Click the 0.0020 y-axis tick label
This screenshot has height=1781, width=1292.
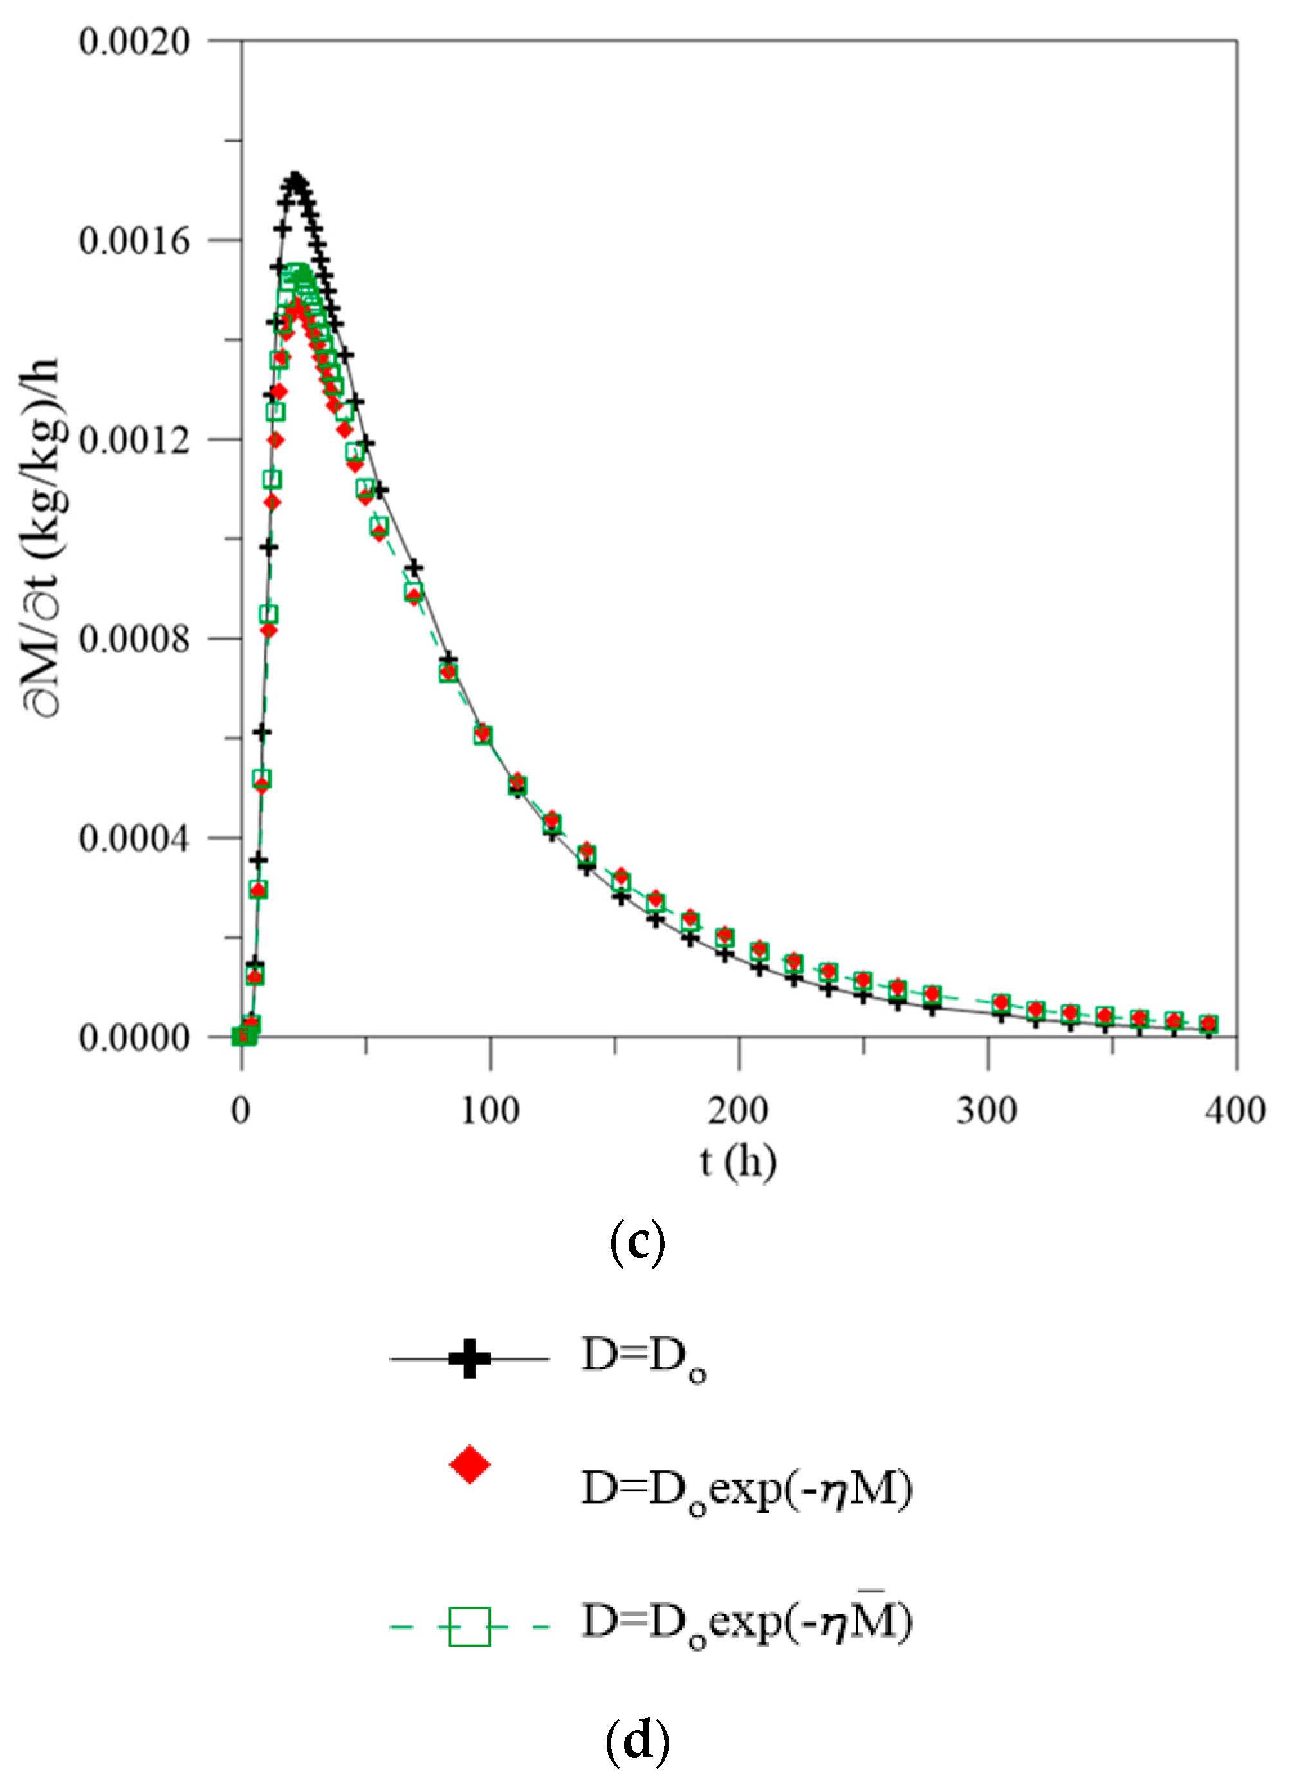pyautogui.click(x=134, y=41)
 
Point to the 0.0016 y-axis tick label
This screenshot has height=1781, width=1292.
pyautogui.click(x=134, y=240)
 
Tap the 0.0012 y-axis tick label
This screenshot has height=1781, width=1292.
pyautogui.click(x=134, y=439)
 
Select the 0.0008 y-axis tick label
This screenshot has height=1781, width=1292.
pyautogui.click(x=134, y=639)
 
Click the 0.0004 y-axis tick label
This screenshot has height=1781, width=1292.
pyautogui.click(x=134, y=838)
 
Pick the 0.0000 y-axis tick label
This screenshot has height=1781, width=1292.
pyautogui.click(x=134, y=1038)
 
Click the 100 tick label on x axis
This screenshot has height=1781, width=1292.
pyautogui.click(x=490, y=1111)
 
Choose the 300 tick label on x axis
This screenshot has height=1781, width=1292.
pyautogui.click(x=987, y=1111)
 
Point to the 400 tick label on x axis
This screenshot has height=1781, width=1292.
pyautogui.click(x=1235, y=1111)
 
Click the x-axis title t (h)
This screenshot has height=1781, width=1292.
pyautogui.click(x=738, y=1163)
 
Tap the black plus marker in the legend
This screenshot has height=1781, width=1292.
pyautogui.click(x=470, y=1358)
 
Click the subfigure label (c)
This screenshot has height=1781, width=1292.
pyautogui.click(x=638, y=1243)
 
